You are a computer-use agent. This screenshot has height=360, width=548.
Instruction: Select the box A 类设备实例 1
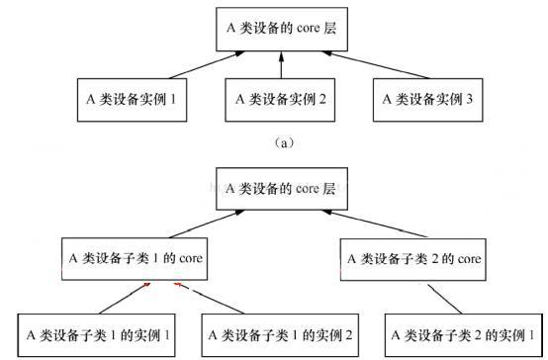pyautogui.click(x=133, y=99)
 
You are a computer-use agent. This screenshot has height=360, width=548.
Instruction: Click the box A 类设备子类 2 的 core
pyautogui.click(x=414, y=259)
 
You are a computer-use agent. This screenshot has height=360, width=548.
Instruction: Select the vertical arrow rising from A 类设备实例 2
pyautogui.click(x=282, y=65)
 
